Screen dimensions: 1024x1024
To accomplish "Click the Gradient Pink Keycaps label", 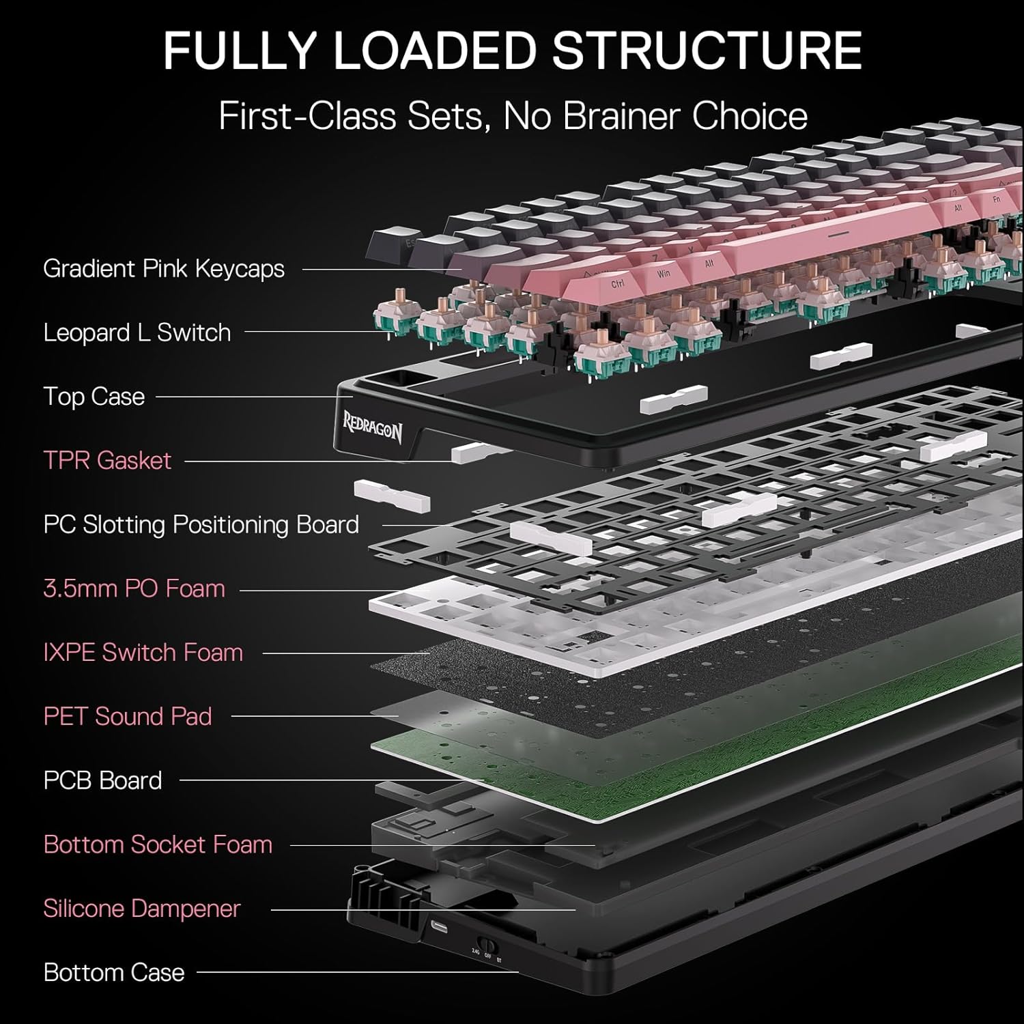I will (164, 269).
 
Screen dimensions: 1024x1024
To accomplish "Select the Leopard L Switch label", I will (137, 333).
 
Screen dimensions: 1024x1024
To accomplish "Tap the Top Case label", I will (94, 397).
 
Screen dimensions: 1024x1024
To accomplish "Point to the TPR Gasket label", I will (107, 461).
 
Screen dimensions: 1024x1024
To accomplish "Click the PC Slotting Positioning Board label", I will (201, 525).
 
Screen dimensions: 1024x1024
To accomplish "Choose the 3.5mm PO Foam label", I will (134, 588).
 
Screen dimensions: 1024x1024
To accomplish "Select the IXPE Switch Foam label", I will (143, 653).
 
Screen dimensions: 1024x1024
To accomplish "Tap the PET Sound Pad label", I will (128, 717).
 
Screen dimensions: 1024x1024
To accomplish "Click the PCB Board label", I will (102, 781).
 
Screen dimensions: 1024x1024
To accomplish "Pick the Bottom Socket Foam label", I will (158, 845).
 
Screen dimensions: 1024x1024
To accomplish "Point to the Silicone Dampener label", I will (141, 909).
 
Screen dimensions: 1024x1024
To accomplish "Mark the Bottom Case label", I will (114, 973).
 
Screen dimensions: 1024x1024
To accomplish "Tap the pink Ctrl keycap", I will (618, 283).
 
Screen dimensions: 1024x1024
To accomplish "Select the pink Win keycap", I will (663, 273).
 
